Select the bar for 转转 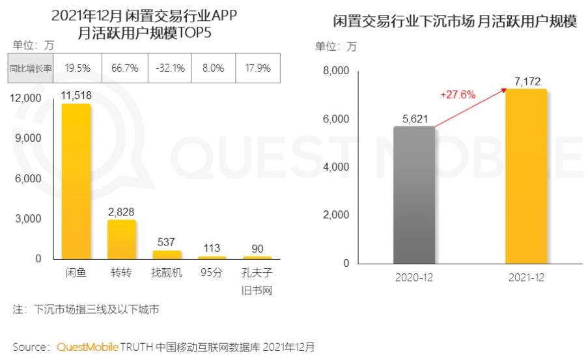(121, 239)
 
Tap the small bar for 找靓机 (167, 255)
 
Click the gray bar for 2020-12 (414, 195)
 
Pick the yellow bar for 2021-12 (525, 176)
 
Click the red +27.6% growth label (458, 94)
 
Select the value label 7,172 (525, 81)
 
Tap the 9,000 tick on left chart (28, 138)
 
